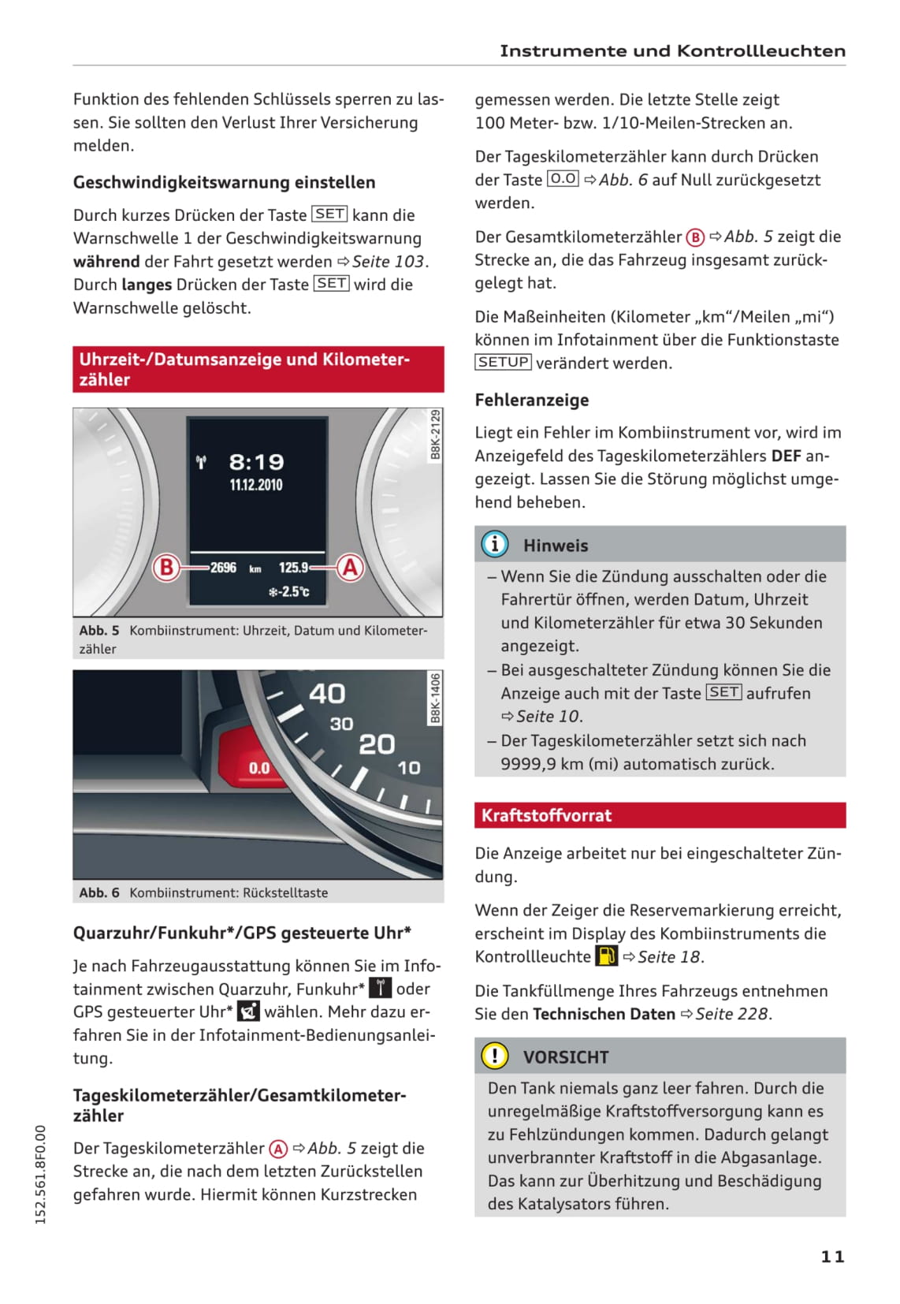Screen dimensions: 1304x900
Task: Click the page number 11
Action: (832, 1256)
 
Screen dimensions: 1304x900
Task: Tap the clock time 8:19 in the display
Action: (256, 462)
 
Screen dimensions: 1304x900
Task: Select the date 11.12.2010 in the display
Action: (256, 485)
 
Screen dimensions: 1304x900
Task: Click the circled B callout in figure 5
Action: (166, 567)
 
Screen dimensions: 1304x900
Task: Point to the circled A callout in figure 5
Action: (350, 567)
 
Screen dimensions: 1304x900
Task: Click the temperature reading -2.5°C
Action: (289, 591)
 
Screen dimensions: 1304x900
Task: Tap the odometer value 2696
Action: (223, 568)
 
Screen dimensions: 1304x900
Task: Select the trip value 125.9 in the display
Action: (293, 568)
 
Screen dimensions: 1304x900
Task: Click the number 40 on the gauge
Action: (327, 694)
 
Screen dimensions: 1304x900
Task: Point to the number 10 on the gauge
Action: (408, 767)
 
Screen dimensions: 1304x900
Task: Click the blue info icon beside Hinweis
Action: (495, 544)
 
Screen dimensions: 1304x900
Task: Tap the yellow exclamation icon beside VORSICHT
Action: (495, 1056)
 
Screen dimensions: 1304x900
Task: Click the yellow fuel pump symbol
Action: (606, 956)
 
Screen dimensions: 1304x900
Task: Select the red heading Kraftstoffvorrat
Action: (546, 815)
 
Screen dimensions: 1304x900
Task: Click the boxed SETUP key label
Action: (504, 362)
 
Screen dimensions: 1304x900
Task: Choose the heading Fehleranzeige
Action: (532, 400)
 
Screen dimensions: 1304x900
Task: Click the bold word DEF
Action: (786, 456)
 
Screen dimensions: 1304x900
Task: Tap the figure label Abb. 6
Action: (99, 892)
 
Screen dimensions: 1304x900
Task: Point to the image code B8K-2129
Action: (435, 434)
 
